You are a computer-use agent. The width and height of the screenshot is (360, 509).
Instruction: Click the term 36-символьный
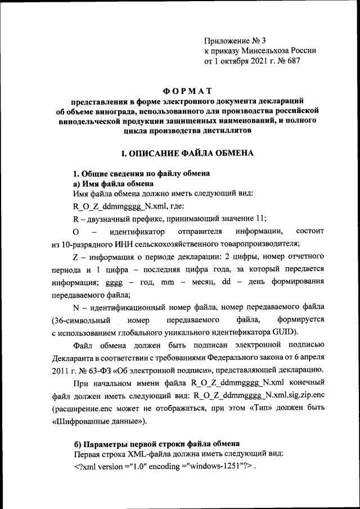80,320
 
